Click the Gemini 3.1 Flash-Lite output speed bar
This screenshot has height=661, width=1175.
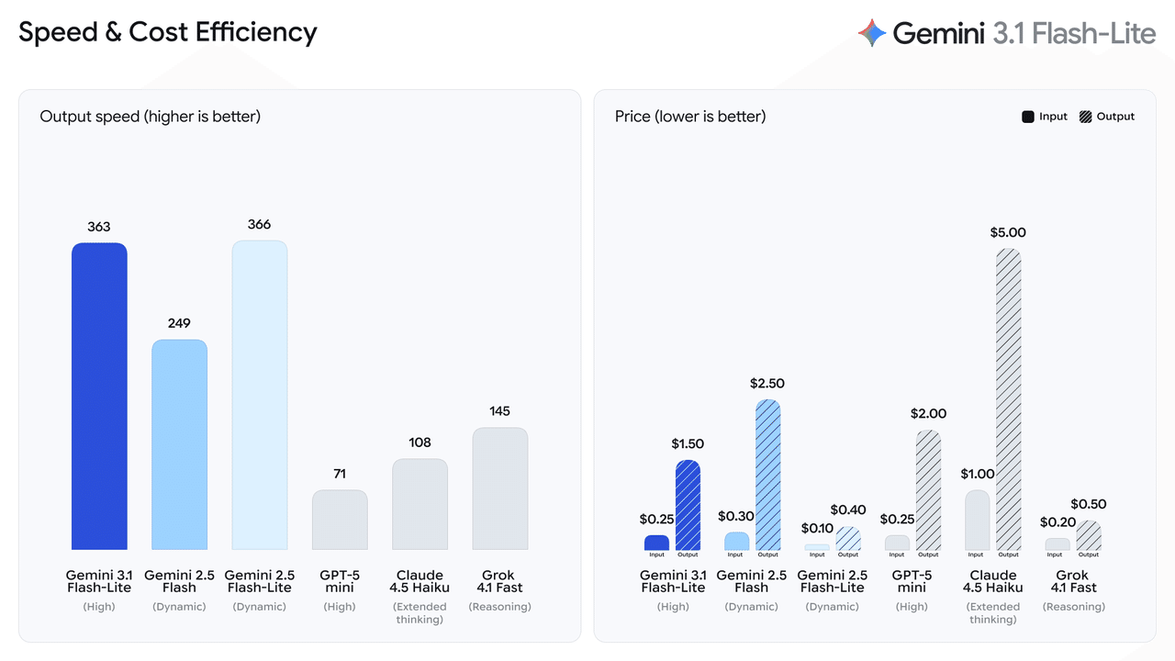tap(99, 397)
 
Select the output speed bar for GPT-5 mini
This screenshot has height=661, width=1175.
tap(340, 520)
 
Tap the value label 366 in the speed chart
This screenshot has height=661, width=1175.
tap(259, 224)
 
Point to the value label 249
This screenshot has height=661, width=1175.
tap(179, 323)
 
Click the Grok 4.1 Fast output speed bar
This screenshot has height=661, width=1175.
tap(500, 488)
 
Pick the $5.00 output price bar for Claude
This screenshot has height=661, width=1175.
tap(1008, 399)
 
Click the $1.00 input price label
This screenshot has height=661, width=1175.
tap(978, 474)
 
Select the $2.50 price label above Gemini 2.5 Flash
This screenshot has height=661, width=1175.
tap(767, 383)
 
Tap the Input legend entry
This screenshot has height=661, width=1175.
tap(1045, 117)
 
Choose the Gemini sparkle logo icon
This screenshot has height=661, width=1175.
tap(872, 34)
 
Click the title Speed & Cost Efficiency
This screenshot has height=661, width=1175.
tap(168, 32)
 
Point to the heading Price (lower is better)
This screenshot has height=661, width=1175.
tap(690, 117)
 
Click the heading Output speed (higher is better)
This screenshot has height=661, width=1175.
tap(151, 117)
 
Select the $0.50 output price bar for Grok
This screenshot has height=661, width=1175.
tap(1089, 536)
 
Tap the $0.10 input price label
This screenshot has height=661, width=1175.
tap(817, 528)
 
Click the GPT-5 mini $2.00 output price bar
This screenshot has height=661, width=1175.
tap(928, 490)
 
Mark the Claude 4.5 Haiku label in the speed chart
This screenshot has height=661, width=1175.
tap(420, 581)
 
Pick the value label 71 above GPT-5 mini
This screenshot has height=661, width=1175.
tap(340, 474)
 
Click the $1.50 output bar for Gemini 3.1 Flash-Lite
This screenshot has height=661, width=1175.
tap(688, 505)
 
